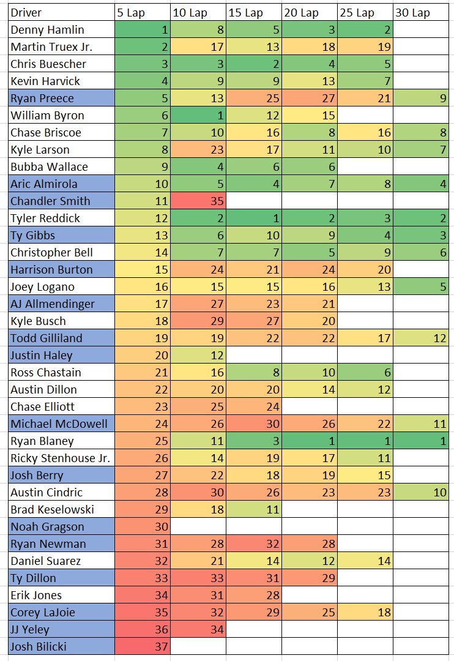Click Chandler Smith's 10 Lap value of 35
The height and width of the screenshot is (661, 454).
pos(198,201)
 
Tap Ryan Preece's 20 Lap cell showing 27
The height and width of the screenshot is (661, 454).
pos(309,98)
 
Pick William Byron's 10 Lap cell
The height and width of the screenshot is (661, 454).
pos(198,115)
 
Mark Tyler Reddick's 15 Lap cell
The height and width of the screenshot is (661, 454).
pos(253,218)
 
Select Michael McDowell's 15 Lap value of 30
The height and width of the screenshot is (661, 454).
pos(253,424)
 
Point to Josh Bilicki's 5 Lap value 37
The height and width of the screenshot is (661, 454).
pos(142,646)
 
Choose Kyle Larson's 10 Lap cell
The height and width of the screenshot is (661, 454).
pos(198,149)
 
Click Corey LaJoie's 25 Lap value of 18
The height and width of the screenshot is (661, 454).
pos(365,612)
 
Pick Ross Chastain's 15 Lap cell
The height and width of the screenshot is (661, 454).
pos(253,372)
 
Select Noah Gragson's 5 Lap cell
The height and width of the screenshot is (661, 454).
pos(142,526)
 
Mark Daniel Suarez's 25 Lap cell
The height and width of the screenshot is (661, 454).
pos(365,561)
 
